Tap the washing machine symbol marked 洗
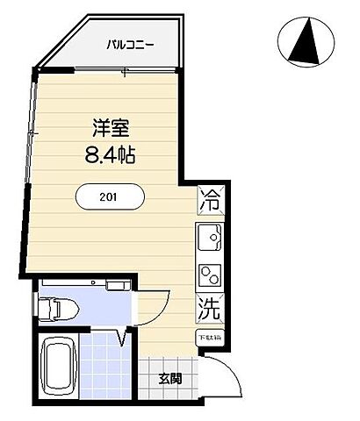pos(209,309)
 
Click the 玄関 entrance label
pos(171,380)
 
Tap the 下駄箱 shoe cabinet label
pos(209,337)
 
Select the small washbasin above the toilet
pos(117,284)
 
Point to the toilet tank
pos(44,307)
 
